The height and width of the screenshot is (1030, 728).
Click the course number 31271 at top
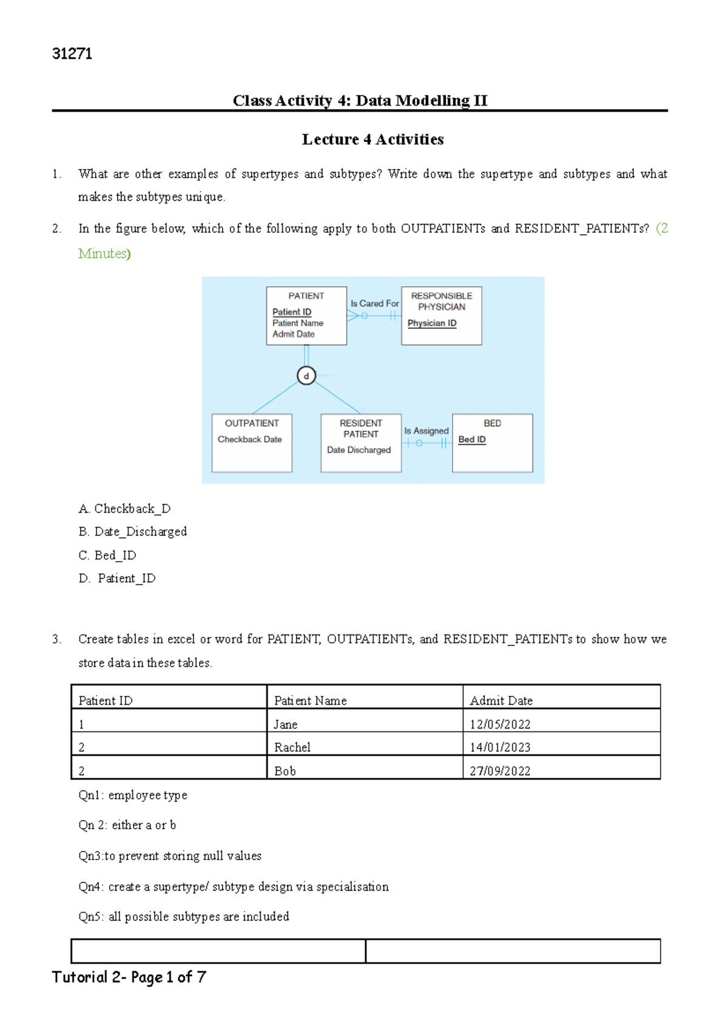[x=72, y=54]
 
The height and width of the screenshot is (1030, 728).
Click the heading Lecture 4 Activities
[x=372, y=140]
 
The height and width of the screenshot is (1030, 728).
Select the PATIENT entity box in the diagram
[x=306, y=315]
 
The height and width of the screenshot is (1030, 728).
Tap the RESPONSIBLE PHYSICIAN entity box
[x=441, y=315]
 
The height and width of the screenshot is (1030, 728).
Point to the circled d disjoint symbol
[x=306, y=376]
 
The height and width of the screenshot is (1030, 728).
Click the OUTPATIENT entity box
[x=252, y=443]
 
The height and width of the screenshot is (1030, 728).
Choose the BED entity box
[x=492, y=443]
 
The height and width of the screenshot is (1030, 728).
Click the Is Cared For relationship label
[x=374, y=303]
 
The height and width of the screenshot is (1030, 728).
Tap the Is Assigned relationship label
[x=426, y=431]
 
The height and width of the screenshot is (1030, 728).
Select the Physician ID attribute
[x=432, y=323]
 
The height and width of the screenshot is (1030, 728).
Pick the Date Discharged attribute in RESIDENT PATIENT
[x=359, y=450]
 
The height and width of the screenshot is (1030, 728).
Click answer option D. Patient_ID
[x=118, y=579]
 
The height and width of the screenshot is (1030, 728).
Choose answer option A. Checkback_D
[x=124, y=509]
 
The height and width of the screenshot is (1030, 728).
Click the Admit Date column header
[x=501, y=701]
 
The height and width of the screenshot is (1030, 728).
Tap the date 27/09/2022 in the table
[x=500, y=771]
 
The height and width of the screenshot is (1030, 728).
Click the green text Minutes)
[x=104, y=254]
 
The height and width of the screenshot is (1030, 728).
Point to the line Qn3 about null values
[x=170, y=856]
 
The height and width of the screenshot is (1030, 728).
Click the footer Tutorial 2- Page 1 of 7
[x=129, y=977]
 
